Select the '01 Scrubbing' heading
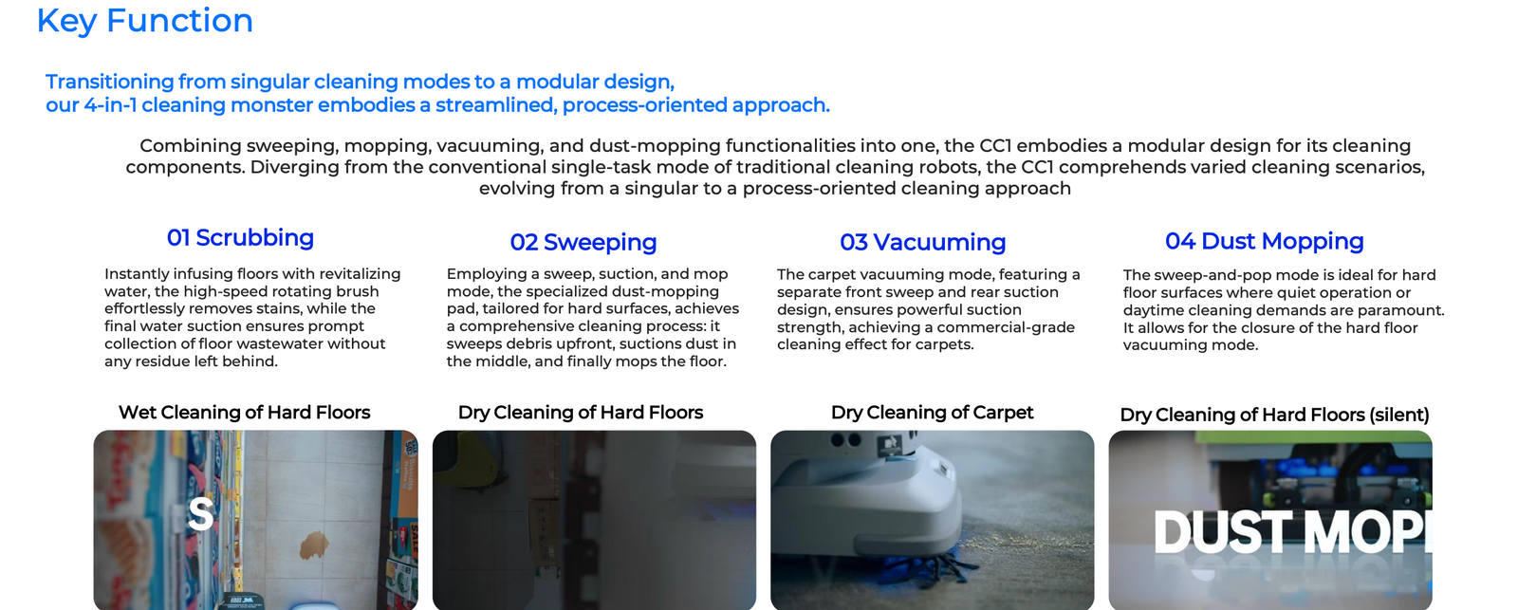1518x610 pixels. pyautogui.click(x=241, y=238)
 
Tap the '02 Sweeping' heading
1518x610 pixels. pyautogui.click(x=583, y=243)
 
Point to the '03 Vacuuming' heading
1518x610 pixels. pyautogui.click(x=923, y=242)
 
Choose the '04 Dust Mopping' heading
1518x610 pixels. pyautogui.click(x=1265, y=241)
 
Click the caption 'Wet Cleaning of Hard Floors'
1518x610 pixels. pyautogui.click(x=245, y=412)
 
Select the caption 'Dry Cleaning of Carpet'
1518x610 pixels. pyautogui.click(x=933, y=412)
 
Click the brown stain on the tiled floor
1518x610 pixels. pyautogui.click(x=314, y=545)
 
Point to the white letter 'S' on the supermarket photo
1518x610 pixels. pyautogui.click(x=200, y=514)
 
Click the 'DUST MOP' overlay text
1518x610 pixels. pyautogui.click(x=1292, y=532)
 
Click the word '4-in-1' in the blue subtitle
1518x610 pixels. pyautogui.click(x=110, y=105)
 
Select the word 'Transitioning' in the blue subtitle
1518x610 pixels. pyautogui.click(x=110, y=82)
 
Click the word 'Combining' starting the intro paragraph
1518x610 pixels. pyautogui.click(x=191, y=146)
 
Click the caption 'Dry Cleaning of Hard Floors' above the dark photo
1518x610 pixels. pyautogui.click(x=581, y=412)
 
